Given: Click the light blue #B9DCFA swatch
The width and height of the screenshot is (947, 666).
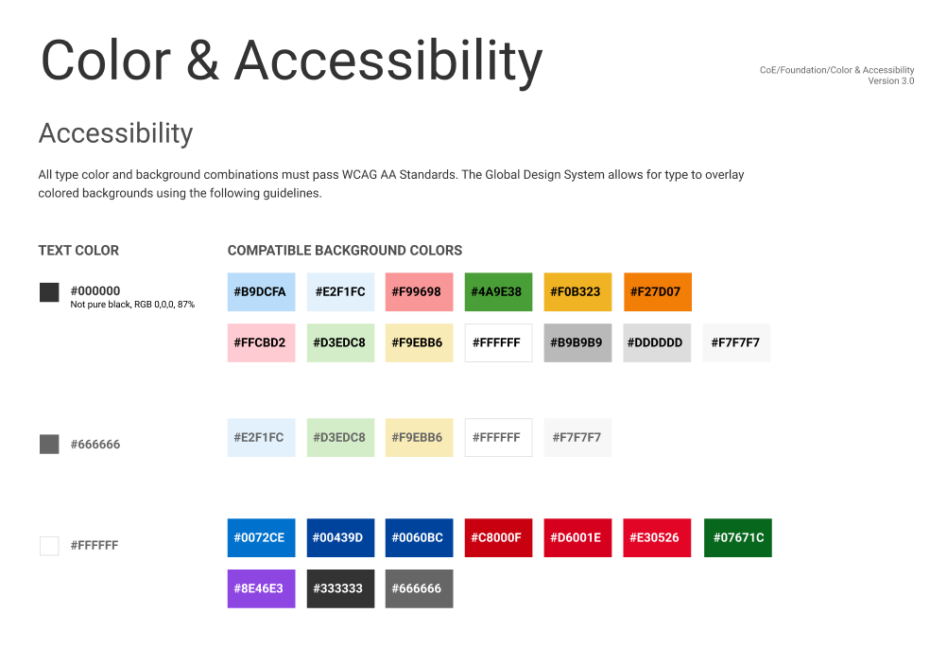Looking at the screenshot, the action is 261,292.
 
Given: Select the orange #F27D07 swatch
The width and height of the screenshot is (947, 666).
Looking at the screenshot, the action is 657,292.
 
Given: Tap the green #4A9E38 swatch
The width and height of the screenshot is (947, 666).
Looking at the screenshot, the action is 498,292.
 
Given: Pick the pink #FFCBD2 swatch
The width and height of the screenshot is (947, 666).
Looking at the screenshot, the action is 261,342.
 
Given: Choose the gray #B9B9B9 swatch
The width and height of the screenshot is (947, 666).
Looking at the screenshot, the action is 577,342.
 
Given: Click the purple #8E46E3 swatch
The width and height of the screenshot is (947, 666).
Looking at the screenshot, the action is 261,588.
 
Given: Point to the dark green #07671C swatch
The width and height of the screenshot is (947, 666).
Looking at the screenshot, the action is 737,538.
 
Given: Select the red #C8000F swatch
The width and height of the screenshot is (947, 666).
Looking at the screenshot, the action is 498,538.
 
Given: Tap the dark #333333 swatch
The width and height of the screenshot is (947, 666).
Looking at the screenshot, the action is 340,588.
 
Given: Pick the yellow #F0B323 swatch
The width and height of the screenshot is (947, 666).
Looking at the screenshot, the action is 577,292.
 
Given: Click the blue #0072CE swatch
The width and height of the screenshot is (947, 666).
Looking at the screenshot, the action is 261,538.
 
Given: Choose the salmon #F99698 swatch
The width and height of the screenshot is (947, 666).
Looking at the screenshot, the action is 419,292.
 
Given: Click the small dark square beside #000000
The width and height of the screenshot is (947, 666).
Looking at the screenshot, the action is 49,292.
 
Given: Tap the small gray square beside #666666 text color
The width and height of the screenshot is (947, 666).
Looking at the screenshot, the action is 49,445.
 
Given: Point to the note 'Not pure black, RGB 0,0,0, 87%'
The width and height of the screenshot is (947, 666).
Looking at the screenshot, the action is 132,305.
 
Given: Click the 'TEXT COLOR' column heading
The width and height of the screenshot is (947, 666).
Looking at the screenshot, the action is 78,251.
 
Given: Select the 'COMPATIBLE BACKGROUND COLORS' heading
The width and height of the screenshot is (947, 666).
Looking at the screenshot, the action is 345,251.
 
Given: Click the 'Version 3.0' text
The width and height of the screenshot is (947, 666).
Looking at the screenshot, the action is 891,81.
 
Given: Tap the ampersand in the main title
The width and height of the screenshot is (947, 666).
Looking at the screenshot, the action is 202,61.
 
